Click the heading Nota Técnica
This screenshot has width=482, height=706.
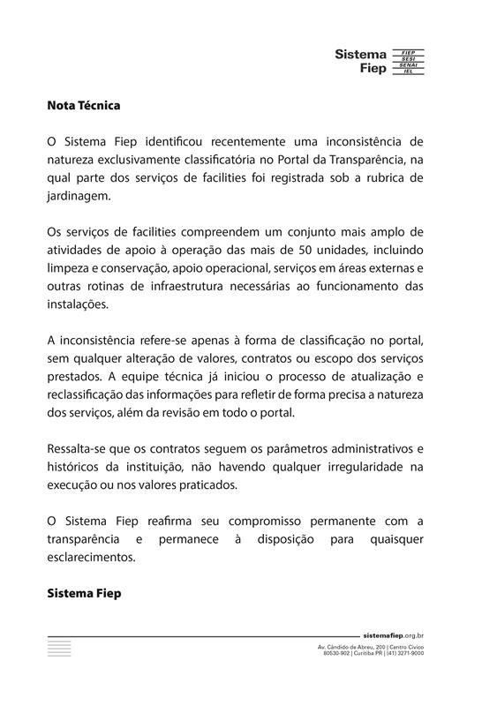83,105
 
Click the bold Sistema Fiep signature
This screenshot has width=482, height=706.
84,594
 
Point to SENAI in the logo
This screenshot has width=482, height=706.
408,65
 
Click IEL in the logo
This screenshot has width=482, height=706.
408,71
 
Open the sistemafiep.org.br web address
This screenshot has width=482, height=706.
394,635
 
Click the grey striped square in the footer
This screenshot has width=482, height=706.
59,648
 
